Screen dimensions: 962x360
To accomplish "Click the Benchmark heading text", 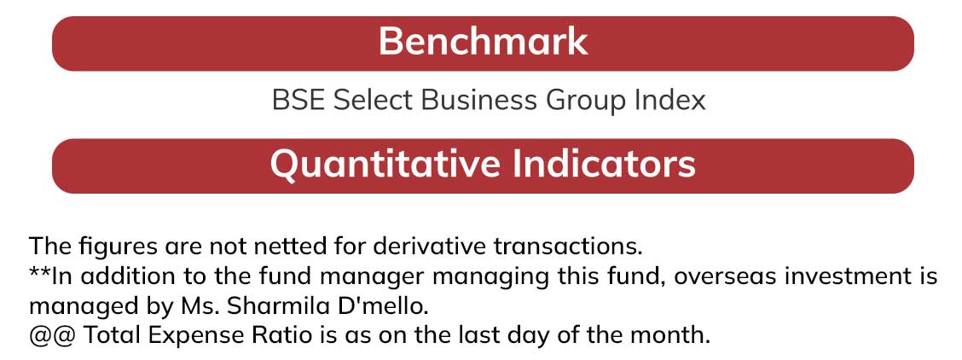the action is [x=483, y=42].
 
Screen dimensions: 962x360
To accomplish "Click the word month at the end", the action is [x=671, y=335].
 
